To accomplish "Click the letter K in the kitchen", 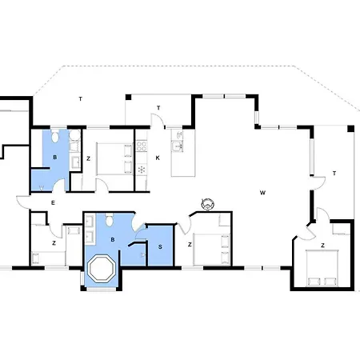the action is point(158,158).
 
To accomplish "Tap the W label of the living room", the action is point(262,193).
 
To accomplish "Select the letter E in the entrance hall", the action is point(53,203).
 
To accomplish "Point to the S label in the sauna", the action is point(160,247).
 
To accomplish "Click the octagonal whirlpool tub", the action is point(102,268).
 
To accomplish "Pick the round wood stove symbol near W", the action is point(208,204).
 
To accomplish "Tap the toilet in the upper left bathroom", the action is point(55,137).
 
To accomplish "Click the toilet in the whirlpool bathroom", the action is point(109,220).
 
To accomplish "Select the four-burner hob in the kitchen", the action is point(142,146).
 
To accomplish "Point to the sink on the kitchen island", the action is point(177,146).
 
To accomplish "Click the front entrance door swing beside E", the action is point(23,202).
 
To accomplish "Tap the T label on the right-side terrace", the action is point(334,174).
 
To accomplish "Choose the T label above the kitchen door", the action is point(158,108).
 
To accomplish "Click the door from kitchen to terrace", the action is point(158,119).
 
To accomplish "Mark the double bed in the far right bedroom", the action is point(322,268).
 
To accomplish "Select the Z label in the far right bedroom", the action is point(322,246).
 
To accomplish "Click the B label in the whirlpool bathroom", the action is point(113,240).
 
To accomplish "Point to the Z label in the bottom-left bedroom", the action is point(54,243).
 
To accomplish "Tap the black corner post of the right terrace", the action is point(350,129).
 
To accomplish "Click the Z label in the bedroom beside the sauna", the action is point(190,244).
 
